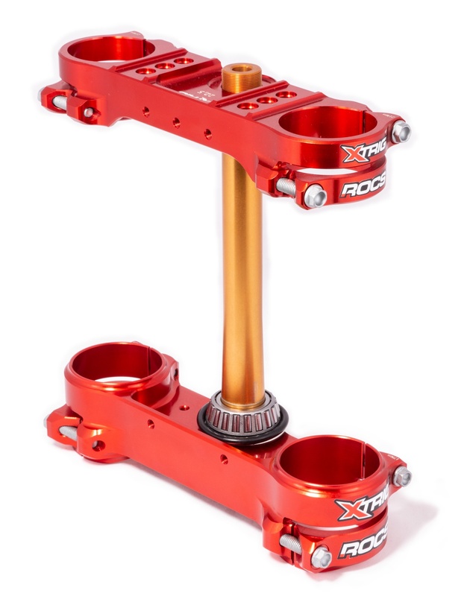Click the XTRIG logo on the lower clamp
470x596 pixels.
[363, 509]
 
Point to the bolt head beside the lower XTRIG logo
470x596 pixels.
[401, 476]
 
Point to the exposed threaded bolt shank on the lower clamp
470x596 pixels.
[293, 545]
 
